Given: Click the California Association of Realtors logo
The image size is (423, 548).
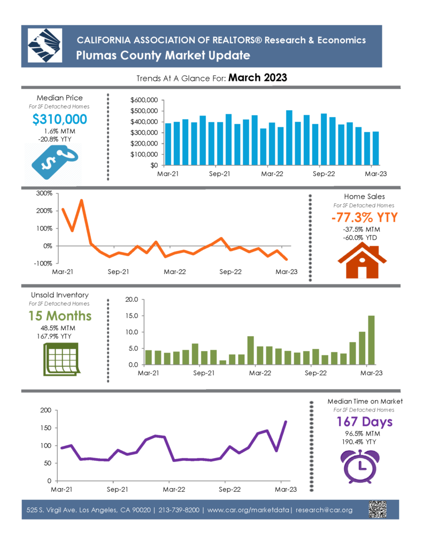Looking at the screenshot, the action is [45, 45].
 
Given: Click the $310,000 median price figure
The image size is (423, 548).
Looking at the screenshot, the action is [60, 119].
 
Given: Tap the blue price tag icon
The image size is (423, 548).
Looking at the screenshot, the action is [55, 162].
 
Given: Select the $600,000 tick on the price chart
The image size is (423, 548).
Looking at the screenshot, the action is [144, 100].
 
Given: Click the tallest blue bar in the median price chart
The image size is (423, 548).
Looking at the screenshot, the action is [289, 138].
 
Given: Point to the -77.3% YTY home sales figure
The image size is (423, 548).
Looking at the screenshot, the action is [364, 217].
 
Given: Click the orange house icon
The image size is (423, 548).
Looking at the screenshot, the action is [362, 261].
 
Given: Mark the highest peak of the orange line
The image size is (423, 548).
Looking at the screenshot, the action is [81, 200].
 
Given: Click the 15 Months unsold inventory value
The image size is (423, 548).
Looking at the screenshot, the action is [60, 316].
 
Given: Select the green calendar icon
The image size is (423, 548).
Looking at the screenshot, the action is [61, 359].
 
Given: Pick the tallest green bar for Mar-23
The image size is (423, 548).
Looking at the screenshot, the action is [371, 340].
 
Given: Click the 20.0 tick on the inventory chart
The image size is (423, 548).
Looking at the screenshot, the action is [132, 300].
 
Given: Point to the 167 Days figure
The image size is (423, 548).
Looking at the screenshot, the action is [364, 422].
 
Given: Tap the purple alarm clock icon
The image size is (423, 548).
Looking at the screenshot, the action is [360, 467].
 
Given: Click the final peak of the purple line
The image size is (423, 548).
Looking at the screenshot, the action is [286, 422].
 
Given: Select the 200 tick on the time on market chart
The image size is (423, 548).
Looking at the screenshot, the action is [46, 410].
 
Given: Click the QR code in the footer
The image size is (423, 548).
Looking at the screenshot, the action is [378, 509].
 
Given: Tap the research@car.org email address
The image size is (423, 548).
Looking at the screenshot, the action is [324, 510].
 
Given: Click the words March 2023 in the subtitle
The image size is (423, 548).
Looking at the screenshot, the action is [258, 78].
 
